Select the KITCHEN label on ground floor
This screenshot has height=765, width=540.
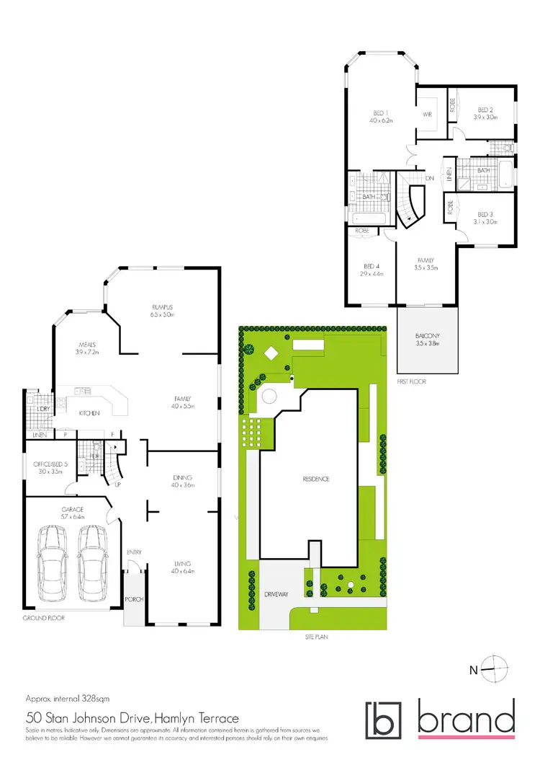(89, 413)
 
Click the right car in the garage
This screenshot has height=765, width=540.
(91, 560)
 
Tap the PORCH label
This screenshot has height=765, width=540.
(134, 599)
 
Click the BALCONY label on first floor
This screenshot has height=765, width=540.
(428, 336)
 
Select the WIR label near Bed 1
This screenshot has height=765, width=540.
(426, 114)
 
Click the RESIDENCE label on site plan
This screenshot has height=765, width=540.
(315, 479)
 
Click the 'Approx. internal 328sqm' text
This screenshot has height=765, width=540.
(67, 699)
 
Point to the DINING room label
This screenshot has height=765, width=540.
(181, 477)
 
